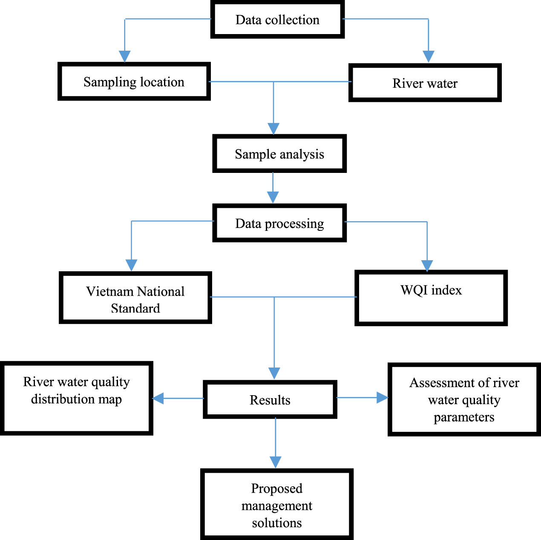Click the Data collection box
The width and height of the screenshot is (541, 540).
[277, 20]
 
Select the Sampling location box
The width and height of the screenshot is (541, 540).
[134, 82]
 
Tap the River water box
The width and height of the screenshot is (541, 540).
[425, 83]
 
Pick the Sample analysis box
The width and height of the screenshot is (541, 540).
[279, 154]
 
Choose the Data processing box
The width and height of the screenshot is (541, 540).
[279, 223]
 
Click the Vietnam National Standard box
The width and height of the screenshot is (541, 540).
[135, 298]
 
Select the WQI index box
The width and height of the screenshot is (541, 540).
[431, 298]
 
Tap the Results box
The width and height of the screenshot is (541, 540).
[270, 399]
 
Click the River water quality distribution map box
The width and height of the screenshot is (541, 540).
[76, 398]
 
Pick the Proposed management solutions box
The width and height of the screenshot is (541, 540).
[277, 505]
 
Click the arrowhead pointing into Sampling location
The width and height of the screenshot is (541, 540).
[125, 57]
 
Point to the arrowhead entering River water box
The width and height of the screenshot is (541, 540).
[428, 57]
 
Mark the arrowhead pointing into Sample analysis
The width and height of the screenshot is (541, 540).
[273, 129]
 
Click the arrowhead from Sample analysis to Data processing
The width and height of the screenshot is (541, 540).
[273, 197]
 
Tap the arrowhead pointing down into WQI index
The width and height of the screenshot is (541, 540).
[427, 266]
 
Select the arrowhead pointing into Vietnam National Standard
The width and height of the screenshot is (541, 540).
[132, 265]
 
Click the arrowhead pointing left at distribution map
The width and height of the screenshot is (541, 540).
[158, 398]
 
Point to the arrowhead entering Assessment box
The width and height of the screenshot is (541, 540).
[382, 398]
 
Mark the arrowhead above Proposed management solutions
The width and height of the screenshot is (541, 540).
[276, 462]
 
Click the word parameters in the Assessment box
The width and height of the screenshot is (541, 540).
[464, 417]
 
